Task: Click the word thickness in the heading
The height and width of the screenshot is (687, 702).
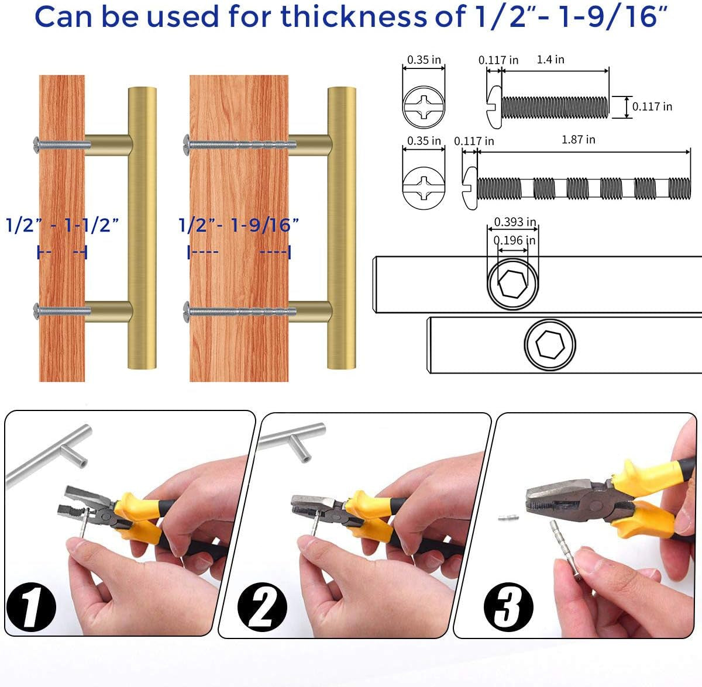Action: point(353,16)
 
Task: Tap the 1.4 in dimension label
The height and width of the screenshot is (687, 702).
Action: point(550,60)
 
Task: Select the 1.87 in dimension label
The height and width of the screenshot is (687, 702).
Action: point(578,140)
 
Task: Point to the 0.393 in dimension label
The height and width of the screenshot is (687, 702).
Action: point(515,222)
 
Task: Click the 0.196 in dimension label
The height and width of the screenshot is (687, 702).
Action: point(514,240)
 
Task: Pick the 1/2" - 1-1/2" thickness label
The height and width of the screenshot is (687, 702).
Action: point(62,225)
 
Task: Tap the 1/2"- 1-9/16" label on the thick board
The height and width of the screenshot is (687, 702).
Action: point(239,225)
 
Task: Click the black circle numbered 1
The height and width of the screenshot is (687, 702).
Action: point(32,607)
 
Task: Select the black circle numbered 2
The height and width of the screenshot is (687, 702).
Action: point(262,607)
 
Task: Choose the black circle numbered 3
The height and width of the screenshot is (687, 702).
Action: point(508,607)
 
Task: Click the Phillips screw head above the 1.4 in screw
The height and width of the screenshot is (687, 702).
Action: point(424,107)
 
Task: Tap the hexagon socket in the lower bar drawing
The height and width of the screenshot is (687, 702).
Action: point(550,344)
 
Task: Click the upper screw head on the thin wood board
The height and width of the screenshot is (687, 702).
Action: point(36,145)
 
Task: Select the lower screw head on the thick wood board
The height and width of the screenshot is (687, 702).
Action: point(187,312)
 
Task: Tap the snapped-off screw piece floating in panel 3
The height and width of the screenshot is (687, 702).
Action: point(508,517)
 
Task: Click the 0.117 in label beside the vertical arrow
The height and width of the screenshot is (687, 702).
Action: point(652,106)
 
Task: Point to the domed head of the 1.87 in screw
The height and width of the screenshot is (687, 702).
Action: point(470,188)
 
